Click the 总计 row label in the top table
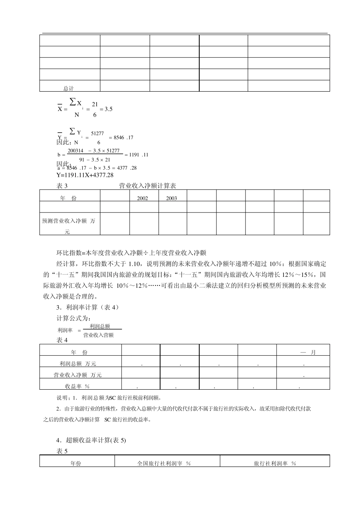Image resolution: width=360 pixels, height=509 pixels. pyautogui.click(x=69, y=88)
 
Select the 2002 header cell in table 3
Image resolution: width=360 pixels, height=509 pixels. pyautogui.click(x=142, y=198)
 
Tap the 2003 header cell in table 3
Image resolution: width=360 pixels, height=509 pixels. pyautogui.click(x=171, y=198)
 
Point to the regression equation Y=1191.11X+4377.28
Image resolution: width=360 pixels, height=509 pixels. pyautogui.click(x=85, y=175)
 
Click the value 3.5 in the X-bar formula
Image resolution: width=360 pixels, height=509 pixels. pyautogui.click(x=108, y=109)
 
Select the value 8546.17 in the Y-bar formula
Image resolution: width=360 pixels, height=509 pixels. pyautogui.click(x=123, y=137)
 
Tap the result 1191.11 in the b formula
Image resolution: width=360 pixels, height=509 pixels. pyautogui.click(x=139, y=155)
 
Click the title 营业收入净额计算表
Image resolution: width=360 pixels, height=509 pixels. pyautogui.click(x=147, y=186)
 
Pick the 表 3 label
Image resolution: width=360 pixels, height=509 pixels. pyautogui.click(x=62, y=186)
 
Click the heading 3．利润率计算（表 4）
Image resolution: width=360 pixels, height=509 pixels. pyautogui.click(x=88, y=307)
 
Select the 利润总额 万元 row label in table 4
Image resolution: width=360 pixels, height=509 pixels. pyautogui.click(x=78, y=364)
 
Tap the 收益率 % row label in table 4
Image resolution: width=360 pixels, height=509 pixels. pyautogui.click(x=77, y=386)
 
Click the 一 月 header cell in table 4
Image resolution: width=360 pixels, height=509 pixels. pyautogui.click(x=308, y=352)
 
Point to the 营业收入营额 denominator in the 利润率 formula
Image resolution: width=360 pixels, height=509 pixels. pyautogui.click(x=98, y=335)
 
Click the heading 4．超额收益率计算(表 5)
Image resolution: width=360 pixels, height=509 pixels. pyautogui.click(x=91, y=440)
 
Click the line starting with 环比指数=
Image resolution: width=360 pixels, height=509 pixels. pyautogui.click(x=131, y=253)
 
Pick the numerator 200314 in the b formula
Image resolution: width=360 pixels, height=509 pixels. pyautogui.click(x=75, y=151)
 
